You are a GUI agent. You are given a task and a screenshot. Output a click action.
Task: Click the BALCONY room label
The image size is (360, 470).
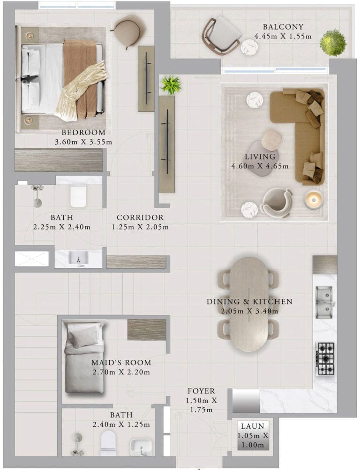(283, 27)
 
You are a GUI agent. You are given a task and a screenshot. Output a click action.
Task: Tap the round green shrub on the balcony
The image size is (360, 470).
(333, 43)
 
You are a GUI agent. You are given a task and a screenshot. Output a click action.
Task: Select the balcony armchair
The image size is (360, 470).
(222, 34)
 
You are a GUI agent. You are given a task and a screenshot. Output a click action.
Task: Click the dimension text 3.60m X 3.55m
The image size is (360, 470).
(83, 142)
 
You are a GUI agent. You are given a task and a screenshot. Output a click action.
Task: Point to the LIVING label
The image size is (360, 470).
(260, 157)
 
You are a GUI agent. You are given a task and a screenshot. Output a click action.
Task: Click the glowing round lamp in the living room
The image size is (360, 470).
(313, 199)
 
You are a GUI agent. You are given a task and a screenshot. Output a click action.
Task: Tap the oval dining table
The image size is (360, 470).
(249, 304)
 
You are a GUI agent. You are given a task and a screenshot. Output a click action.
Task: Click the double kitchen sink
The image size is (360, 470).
(324, 302)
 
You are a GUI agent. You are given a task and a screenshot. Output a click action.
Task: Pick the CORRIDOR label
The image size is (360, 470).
(140, 217)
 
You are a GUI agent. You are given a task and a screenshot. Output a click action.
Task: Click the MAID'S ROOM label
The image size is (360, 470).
(121, 363)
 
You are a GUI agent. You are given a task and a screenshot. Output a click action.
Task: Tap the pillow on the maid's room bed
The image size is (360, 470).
(83, 335)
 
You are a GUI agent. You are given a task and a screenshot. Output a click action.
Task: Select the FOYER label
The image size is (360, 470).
(201, 391)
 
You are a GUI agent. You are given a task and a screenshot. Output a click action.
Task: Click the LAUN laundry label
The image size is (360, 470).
(253, 426)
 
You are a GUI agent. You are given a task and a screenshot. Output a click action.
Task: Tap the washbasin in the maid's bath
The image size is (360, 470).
(141, 447)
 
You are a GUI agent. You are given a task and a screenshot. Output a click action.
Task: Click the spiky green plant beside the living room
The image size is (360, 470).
(171, 84)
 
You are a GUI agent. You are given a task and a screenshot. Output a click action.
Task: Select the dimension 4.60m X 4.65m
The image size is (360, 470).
(260, 166)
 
